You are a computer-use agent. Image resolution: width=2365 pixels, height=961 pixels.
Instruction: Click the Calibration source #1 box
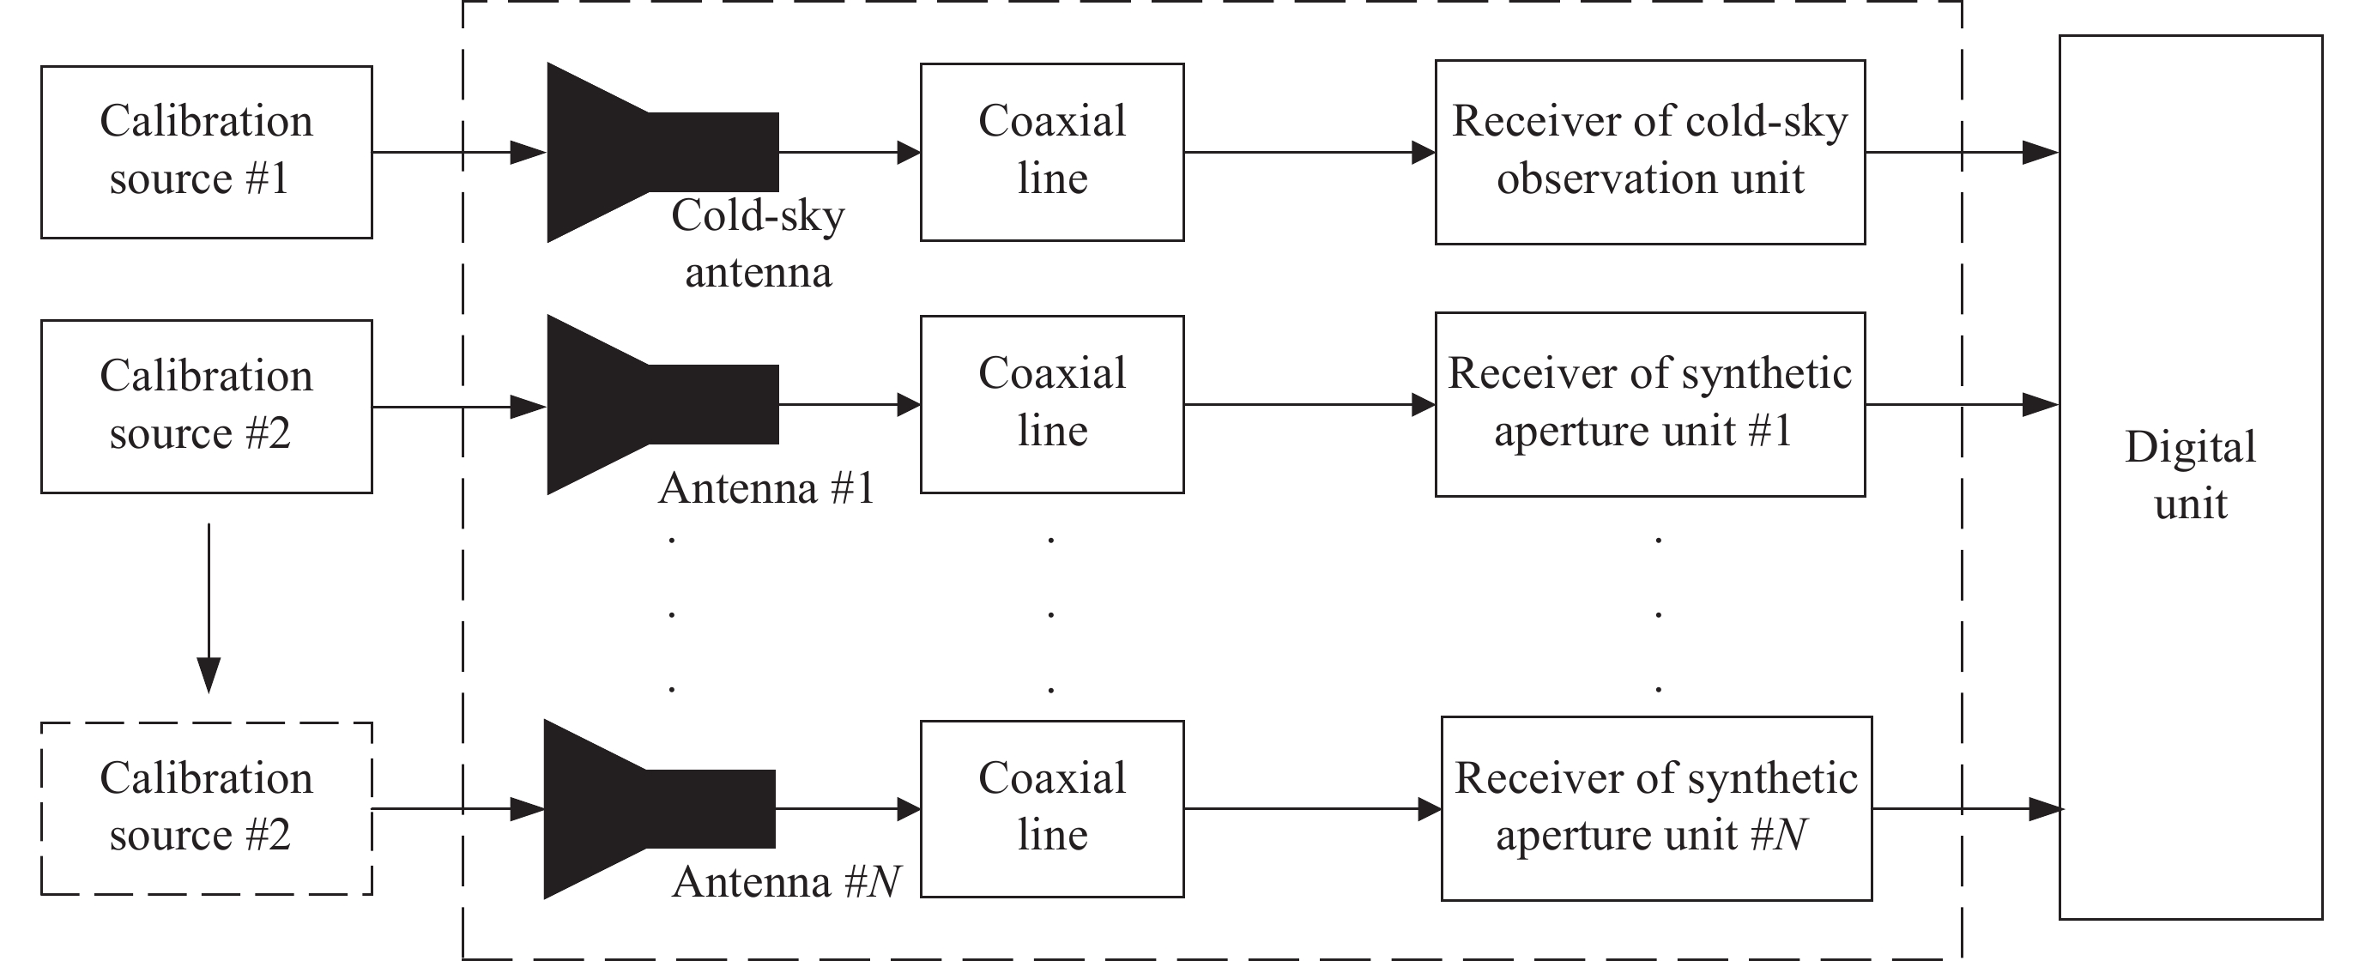(x=207, y=152)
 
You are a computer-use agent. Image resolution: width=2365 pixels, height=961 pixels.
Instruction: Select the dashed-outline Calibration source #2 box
(x=207, y=807)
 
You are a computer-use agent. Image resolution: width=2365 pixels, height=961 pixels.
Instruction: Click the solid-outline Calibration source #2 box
(x=207, y=406)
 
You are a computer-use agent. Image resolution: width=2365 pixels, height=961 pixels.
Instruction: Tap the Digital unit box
(x=2190, y=477)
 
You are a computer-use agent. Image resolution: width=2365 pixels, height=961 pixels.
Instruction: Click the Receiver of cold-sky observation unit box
(x=1650, y=152)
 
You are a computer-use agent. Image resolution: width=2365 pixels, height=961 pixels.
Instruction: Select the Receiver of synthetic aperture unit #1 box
(x=1650, y=404)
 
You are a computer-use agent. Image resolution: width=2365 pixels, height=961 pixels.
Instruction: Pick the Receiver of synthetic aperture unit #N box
(x=1656, y=807)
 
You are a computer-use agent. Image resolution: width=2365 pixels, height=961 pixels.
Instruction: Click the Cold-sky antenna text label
(x=759, y=243)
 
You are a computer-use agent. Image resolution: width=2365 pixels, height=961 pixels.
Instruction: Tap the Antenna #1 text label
(x=765, y=487)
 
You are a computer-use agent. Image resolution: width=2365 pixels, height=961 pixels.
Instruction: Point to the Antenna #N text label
(x=786, y=882)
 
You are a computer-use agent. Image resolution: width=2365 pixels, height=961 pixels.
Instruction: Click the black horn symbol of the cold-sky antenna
(x=643, y=153)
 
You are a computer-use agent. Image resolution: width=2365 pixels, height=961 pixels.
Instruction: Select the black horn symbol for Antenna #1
(x=643, y=405)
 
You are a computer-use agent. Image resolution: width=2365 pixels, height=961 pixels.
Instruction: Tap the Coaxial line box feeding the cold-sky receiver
(x=1052, y=152)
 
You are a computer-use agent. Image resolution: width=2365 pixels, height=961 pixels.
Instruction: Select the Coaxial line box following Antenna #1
(x=1052, y=404)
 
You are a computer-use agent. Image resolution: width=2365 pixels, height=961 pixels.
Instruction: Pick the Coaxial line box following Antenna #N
(x=1052, y=807)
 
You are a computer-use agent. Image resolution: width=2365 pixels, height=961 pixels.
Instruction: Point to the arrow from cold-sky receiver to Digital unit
(x=1961, y=153)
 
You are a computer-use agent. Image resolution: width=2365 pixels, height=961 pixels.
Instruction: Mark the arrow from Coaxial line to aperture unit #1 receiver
(x=1310, y=404)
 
